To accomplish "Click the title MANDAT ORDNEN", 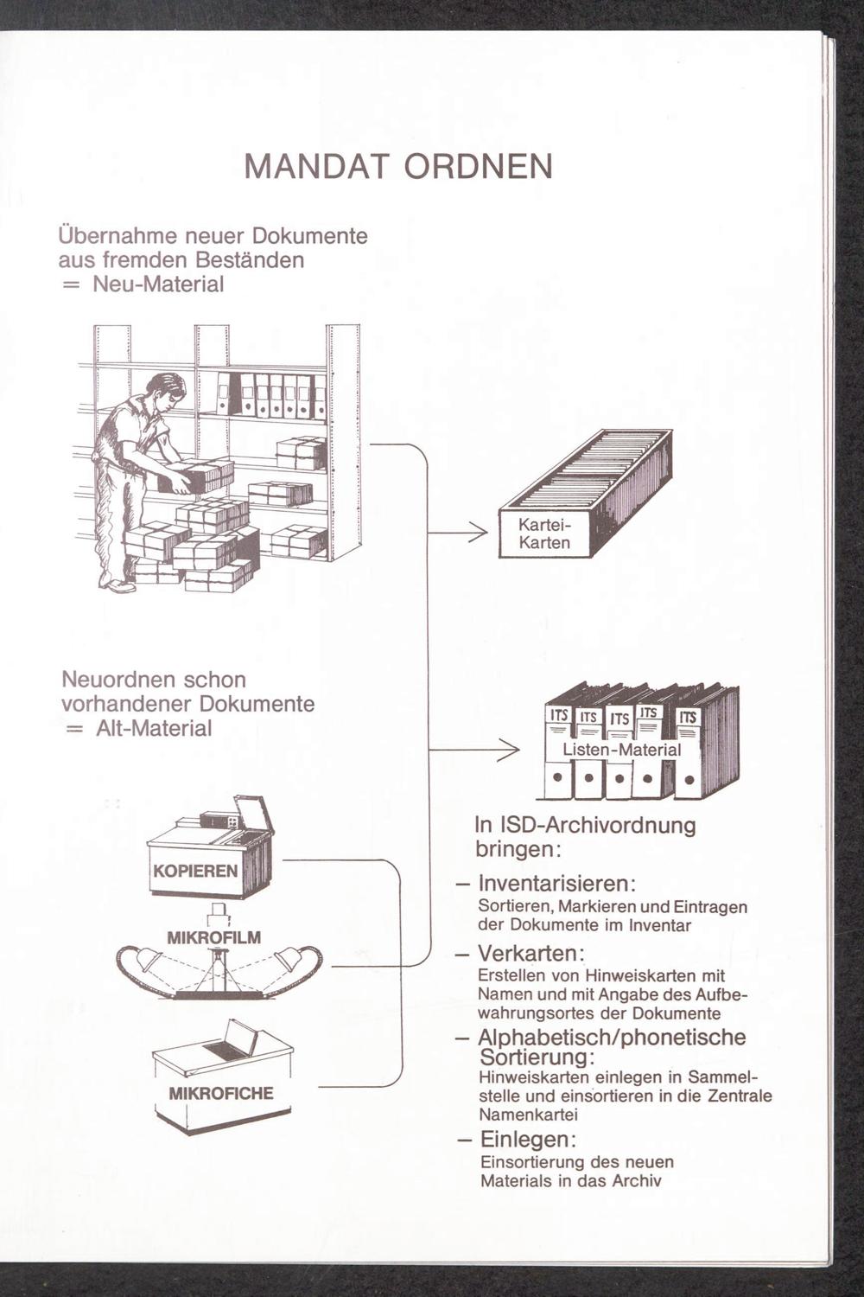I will [398, 165].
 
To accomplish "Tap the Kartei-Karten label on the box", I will [544, 534].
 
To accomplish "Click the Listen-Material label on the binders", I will [622, 750].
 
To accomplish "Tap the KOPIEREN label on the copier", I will [194, 870].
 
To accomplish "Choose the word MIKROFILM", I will [213, 937].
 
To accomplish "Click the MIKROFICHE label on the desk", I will [220, 1093].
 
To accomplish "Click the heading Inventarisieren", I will [557, 885].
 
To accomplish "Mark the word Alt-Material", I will [153, 728].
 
